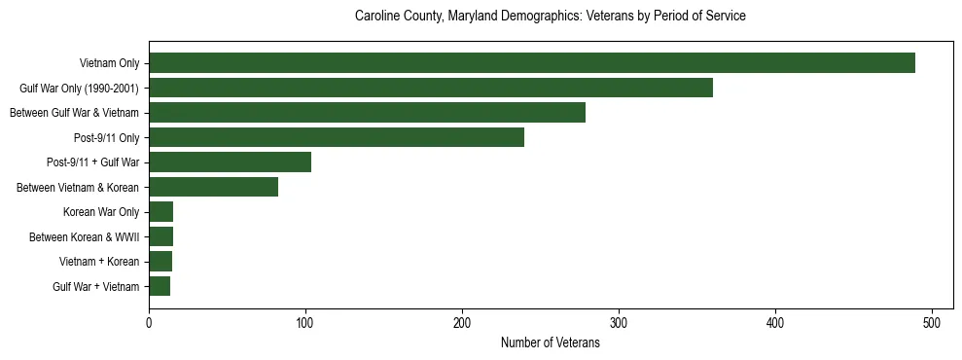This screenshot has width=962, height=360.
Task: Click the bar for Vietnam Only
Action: click(532, 63)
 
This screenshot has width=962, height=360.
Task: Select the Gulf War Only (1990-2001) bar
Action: click(431, 89)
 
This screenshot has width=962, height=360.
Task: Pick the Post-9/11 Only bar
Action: click(337, 137)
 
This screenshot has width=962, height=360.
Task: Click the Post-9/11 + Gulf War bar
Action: click(230, 162)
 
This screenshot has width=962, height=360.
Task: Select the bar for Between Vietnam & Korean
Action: click(213, 187)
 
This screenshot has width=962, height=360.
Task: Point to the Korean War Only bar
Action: click(160, 212)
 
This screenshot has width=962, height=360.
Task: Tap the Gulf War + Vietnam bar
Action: click(160, 286)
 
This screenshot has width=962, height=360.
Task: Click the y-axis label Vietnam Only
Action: click(109, 64)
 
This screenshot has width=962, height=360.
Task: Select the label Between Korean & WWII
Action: click(85, 237)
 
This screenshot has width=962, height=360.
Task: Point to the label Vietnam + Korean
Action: click(99, 262)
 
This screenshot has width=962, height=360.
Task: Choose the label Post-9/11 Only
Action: click(107, 138)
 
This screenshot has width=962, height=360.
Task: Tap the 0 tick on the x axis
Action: click(149, 322)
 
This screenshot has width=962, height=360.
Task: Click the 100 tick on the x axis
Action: click(305, 322)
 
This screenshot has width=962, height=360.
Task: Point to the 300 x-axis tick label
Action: click(619, 322)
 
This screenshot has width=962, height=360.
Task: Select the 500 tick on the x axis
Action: click(932, 322)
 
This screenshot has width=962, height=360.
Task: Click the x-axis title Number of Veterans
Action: click(550, 343)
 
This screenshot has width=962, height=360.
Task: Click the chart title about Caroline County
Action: click(550, 17)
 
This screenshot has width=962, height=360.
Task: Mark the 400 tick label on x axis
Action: click(775, 322)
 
